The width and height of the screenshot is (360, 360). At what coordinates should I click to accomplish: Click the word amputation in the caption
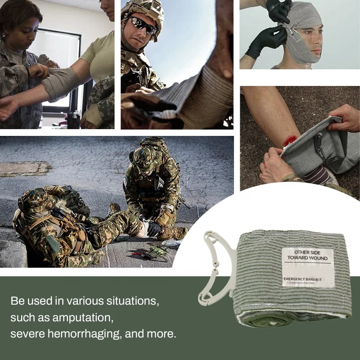85,318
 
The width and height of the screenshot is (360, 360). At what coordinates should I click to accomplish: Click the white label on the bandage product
307,267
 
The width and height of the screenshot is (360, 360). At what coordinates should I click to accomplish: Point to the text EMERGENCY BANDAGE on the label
302,280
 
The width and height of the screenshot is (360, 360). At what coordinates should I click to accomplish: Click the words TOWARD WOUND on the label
308,259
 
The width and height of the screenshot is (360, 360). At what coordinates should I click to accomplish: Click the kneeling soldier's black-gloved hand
153,229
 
